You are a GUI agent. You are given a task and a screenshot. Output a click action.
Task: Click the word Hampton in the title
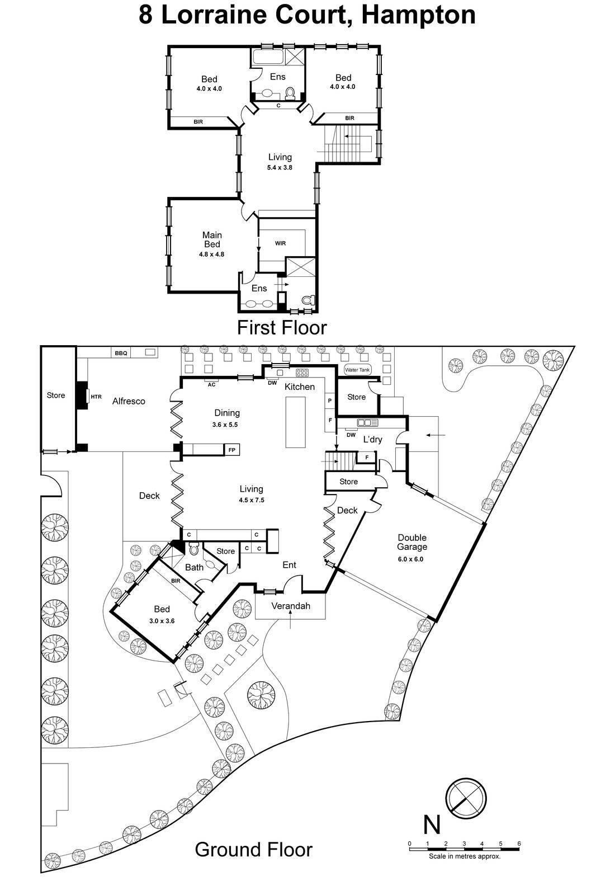(419, 15)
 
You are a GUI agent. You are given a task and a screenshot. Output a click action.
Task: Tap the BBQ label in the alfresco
(121, 353)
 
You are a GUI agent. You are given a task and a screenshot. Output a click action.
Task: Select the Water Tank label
(357, 370)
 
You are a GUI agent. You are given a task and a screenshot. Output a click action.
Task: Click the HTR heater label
(96, 397)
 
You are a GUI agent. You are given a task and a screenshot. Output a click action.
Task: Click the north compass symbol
(466, 797)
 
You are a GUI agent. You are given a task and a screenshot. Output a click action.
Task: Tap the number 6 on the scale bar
(519, 844)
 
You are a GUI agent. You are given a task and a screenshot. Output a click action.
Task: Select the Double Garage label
(412, 542)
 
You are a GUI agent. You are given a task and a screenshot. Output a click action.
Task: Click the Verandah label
(290, 606)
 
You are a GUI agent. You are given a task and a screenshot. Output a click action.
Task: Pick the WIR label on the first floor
(280, 243)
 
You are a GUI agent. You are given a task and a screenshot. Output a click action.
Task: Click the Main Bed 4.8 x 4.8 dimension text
(211, 254)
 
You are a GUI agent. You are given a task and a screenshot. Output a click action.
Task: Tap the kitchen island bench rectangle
(296, 422)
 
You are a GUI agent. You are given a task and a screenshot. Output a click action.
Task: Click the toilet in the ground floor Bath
(195, 550)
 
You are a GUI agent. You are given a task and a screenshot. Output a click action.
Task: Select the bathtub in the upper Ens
(268, 56)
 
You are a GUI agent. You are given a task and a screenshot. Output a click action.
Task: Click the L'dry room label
(372, 440)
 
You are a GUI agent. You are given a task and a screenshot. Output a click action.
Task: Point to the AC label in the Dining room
(211, 385)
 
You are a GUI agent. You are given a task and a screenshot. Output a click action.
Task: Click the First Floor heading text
(281, 327)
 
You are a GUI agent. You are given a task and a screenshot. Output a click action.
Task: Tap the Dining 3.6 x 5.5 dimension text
(226, 425)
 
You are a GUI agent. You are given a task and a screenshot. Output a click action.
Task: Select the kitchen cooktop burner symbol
(302, 373)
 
